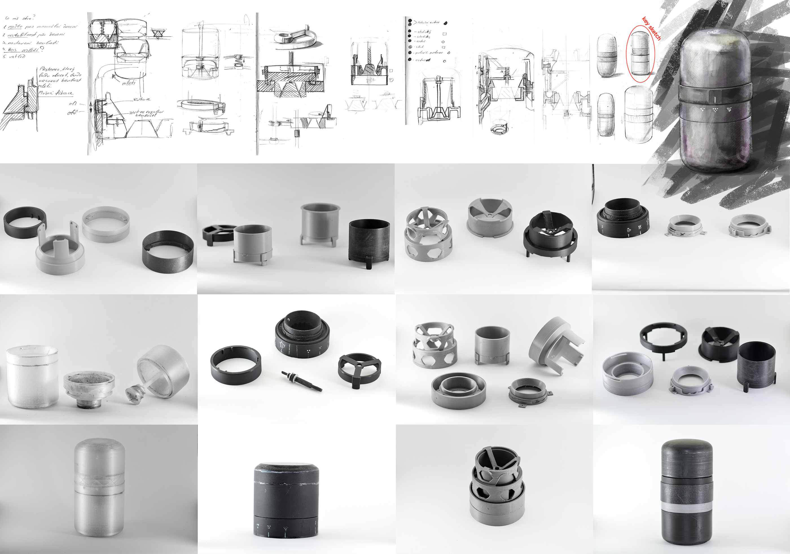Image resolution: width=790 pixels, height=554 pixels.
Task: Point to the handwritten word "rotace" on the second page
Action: click(142, 100)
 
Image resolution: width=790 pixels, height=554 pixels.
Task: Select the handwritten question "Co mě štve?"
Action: click(20, 18)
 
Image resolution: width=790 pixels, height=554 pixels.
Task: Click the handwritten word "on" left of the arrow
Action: click(73, 103)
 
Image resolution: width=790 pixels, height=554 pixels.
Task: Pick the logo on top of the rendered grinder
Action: click(712, 32)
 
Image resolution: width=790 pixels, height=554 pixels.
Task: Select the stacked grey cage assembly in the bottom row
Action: click(497, 485)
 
